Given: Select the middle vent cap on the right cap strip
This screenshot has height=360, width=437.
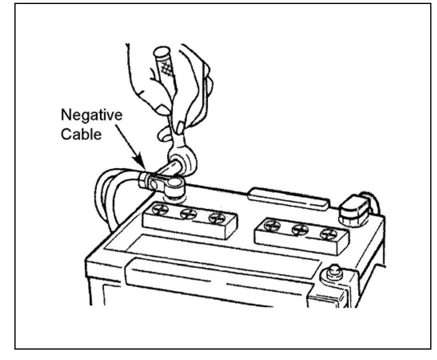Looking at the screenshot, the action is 300,229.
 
